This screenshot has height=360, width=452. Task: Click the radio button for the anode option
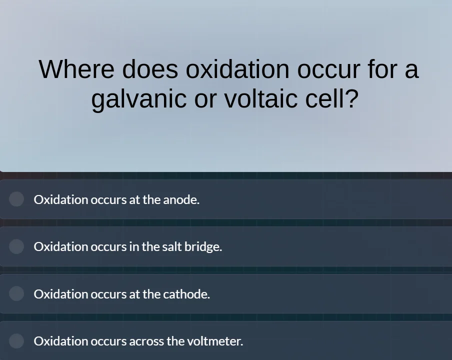pyautogui.click(x=16, y=199)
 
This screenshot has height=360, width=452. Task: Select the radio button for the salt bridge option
pyautogui.click(x=16, y=246)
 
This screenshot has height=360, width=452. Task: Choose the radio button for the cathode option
pyautogui.click(x=16, y=293)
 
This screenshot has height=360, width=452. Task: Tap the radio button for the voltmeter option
pyautogui.click(x=16, y=341)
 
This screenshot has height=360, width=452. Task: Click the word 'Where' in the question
pyautogui.click(x=76, y=69)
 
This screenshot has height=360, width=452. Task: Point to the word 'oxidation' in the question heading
pyautogui.click(x=237, y=69)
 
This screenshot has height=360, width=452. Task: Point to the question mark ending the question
pyautogui.click(x=352, y=98)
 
